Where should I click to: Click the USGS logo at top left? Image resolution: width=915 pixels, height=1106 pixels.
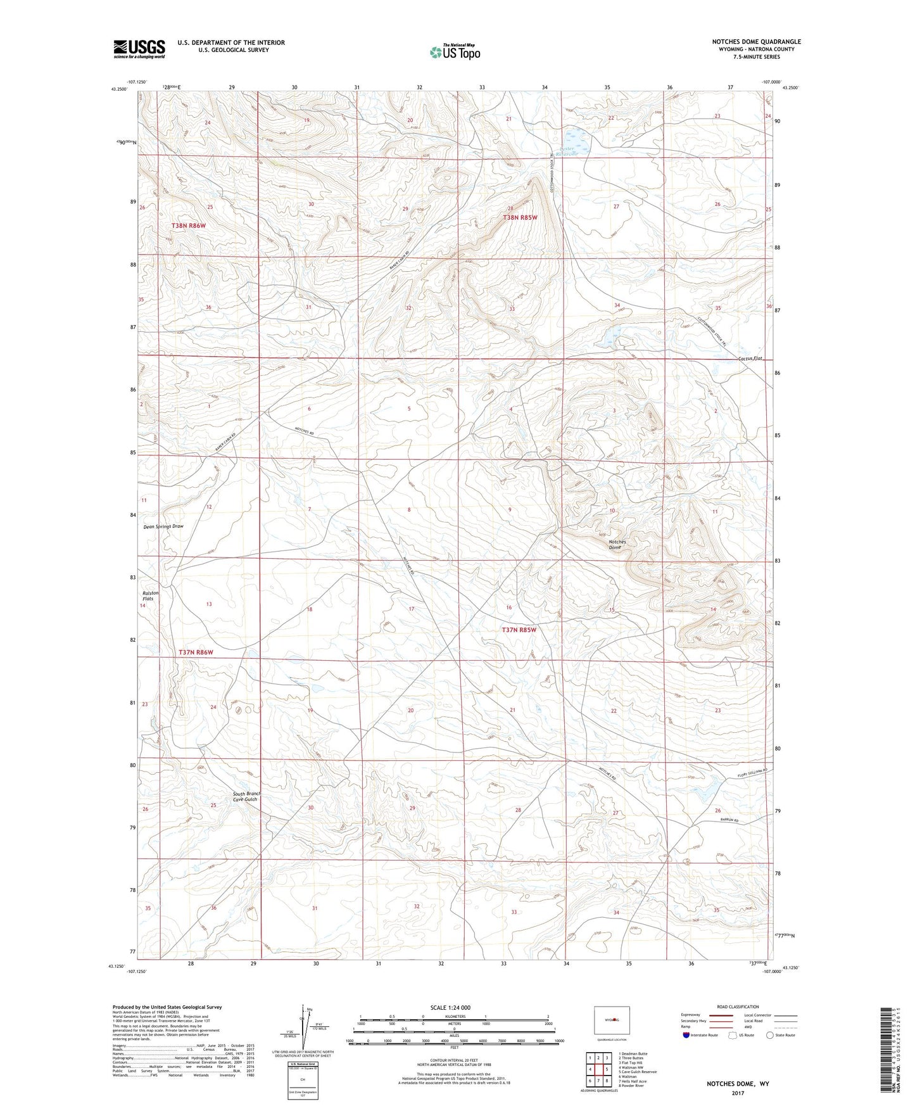[x=139, y=49]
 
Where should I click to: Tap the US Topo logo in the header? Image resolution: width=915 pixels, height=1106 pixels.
[x=455, y=52]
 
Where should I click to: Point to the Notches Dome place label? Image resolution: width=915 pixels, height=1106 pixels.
[x=617, y=545]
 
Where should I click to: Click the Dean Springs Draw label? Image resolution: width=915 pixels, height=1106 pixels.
[x=163, y=526]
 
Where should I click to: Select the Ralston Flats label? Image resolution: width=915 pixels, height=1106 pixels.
[x=149, y=595]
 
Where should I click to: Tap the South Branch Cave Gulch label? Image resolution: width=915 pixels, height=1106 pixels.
[x=246, y=796]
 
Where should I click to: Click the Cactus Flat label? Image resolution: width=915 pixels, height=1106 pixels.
[x=751, y=359]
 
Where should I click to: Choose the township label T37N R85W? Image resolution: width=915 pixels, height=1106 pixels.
[x=519, y=630]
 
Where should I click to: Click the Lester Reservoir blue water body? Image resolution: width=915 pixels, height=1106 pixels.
[x=576, y=136]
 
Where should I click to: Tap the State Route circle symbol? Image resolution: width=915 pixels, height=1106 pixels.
[x=770, y=1035]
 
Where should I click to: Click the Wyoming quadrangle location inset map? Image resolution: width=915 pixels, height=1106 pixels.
[x=611, y=1020]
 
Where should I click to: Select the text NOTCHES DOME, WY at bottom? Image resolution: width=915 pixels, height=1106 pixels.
[x=738, y=1084]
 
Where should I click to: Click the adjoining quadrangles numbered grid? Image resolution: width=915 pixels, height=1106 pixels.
[x=598, y=1071]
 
